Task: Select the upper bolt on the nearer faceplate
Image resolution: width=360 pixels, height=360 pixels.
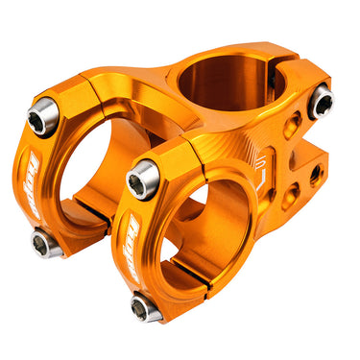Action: (143, 180)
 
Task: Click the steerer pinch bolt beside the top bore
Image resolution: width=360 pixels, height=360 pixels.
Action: (320, 100)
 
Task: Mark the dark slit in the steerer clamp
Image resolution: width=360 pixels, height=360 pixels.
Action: (281, 73)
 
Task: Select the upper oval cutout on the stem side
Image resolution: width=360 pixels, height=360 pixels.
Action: (291, 126)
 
